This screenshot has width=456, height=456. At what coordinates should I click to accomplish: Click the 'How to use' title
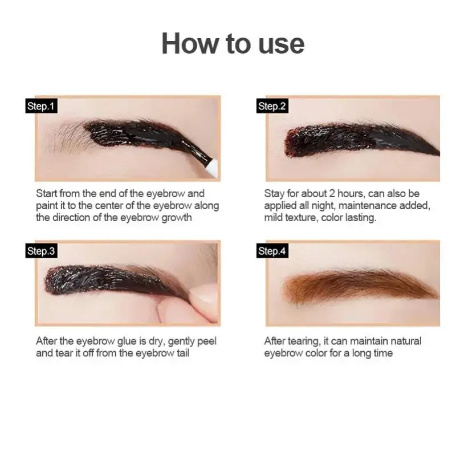point(233,44)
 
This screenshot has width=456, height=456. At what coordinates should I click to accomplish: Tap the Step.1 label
point(42,106)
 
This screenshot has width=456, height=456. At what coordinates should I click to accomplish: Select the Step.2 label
point(271,106)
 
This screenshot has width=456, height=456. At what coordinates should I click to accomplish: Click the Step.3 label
point(42,251)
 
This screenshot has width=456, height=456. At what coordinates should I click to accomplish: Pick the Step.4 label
point(272,251)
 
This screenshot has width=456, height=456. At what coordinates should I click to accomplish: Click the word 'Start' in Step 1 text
point(47,194)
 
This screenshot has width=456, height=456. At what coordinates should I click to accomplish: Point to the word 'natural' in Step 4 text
point(405,341)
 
